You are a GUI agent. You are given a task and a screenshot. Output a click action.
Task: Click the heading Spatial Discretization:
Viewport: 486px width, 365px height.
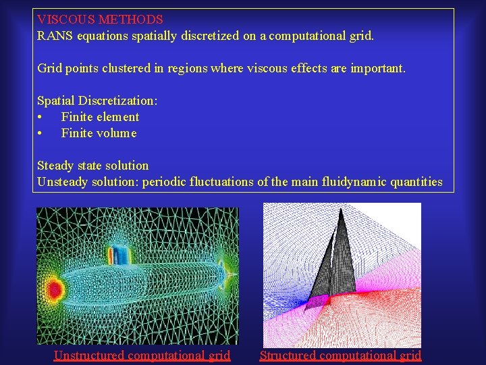click(x=97, y=101)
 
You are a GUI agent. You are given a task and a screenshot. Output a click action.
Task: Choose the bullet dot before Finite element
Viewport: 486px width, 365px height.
click(x=40, y=117)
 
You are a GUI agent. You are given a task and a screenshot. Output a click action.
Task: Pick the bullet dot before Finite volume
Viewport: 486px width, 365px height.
click(x=40, y=133)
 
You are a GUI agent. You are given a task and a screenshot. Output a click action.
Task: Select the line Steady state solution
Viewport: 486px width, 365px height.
click(x=92, y=166)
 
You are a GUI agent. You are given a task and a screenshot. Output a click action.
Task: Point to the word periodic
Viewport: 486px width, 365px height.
click(x=164, y=182)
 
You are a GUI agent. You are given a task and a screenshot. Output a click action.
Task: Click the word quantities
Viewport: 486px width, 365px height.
click(x=416, y=182)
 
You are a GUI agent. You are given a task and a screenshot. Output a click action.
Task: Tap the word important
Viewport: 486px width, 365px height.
click(x=378, y=68)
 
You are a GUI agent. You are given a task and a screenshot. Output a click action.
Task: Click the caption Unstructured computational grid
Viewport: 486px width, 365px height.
click(x=142, y=356)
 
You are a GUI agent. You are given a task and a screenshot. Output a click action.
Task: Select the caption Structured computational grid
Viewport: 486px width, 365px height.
click(x=340, y=356)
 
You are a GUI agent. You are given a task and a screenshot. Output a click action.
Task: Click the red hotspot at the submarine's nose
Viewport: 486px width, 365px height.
click(x=54, y=291)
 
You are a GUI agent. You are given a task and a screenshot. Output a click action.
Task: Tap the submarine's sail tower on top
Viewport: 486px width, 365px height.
click(x=120, y=256)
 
